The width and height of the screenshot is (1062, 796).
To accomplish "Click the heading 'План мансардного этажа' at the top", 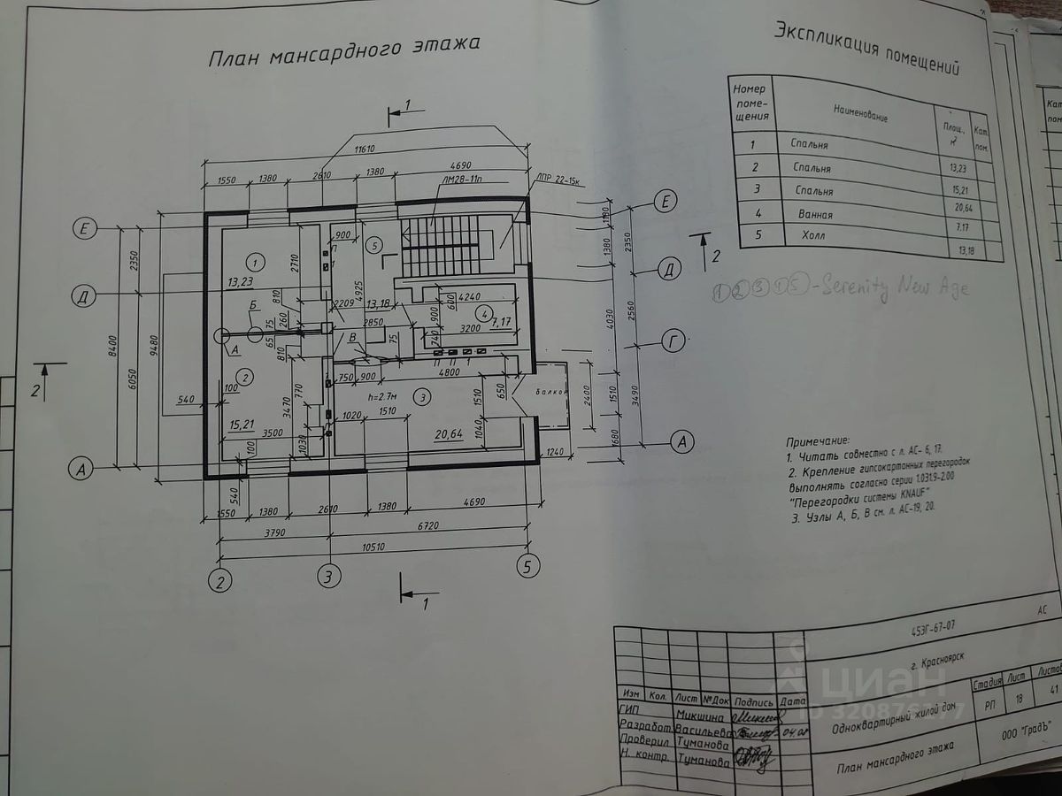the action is coord(345,51).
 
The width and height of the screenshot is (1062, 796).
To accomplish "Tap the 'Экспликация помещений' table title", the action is coord(866,49).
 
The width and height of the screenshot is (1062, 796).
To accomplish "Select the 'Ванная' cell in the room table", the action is coord(813,214).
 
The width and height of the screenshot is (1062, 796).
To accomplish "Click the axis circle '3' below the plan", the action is coord(329,576).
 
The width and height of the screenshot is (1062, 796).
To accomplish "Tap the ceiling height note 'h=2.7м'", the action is coord(382,396).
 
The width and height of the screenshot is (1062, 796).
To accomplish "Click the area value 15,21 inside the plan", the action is coord(242,425).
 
